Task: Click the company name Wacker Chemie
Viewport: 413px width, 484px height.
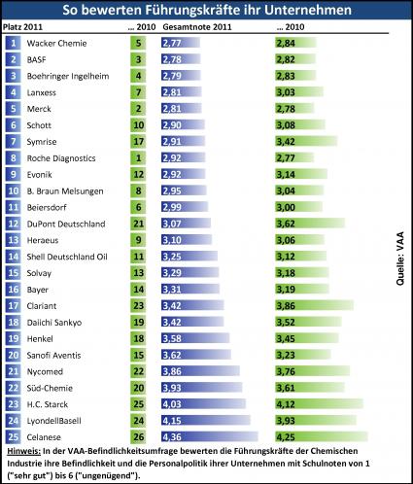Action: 56,44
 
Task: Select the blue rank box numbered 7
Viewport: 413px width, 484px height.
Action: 13,142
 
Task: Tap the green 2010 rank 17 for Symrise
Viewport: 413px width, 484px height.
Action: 138,142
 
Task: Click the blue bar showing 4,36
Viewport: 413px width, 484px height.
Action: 210,436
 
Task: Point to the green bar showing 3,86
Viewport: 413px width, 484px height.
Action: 315,305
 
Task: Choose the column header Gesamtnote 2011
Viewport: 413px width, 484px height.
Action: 197,27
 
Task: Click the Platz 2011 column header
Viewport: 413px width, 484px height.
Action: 22,27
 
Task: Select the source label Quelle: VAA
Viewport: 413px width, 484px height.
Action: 400,259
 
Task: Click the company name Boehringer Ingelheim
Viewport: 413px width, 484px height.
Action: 68,76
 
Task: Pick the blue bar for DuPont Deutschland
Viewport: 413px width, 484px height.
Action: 186,224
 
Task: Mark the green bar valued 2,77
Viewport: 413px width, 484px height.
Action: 294,157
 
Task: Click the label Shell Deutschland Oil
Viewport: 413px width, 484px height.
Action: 67,257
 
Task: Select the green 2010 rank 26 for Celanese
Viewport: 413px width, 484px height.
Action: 138,436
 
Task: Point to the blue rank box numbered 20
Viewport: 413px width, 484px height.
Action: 13,355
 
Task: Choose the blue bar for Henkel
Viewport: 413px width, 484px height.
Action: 195,338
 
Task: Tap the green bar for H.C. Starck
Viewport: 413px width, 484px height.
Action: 320,404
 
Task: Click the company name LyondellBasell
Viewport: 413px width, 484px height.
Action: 54,421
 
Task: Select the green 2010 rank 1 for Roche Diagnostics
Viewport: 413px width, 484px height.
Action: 138,157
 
